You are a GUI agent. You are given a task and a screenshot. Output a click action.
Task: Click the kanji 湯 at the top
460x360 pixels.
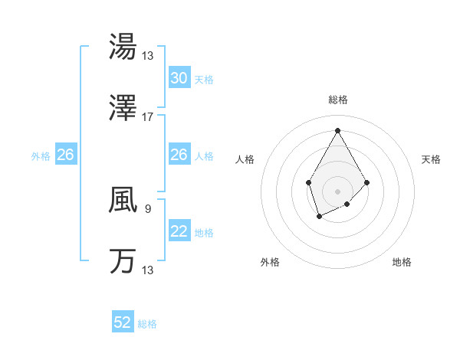(x=123, y=47)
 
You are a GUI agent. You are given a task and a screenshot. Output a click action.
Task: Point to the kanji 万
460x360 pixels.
(x=123, y=261)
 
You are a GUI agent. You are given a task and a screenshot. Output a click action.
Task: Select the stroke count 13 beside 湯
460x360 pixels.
(x=148, y=55)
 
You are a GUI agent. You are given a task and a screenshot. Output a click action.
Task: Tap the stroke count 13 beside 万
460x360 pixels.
(x=148, y=270)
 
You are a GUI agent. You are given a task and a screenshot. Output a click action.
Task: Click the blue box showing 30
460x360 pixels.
(x=179, y=78)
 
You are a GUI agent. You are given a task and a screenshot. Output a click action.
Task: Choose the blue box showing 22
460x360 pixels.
(x=179, y=231)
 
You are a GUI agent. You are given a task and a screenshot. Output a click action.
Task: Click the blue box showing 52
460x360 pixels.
(x=123, y=322)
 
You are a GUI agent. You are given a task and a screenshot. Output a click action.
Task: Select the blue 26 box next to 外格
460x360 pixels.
(x=65, y=155)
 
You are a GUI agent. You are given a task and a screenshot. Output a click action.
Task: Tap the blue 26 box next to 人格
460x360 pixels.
(x=179, y=155)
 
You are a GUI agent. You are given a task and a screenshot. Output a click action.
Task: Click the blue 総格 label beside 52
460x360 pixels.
(x=147, y=324)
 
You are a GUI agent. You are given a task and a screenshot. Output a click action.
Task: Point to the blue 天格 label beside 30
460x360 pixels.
(x=204, y=79)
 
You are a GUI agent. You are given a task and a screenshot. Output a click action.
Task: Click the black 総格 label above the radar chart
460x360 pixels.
(x=337, y=100)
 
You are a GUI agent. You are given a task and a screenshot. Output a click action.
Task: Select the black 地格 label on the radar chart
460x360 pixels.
(x=402, y=262)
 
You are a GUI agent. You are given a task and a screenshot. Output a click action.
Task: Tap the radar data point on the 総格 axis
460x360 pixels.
(x=337, y=129)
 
